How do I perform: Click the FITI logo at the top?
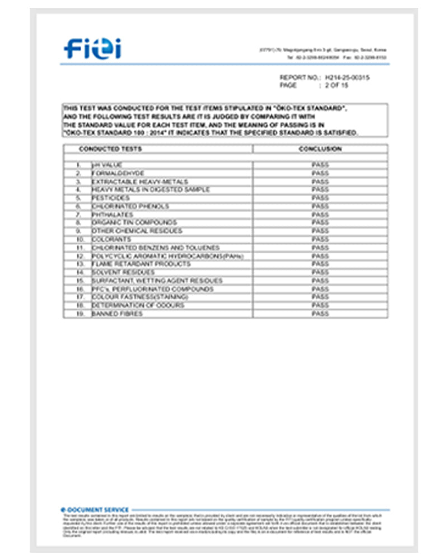coord(92,49)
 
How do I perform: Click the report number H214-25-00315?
coord(347,78)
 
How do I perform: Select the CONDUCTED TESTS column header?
coord(110,149)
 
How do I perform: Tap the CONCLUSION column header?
coord(320,149)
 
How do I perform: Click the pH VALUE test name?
coord(107,165)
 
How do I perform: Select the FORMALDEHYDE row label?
coord(114,174)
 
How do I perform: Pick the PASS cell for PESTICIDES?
coord(320,198)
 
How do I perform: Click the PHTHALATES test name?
coord(113,214)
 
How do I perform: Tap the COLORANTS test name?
coord(111,239)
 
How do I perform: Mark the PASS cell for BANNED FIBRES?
coord(320,314)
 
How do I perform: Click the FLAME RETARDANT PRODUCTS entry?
coord(133,264)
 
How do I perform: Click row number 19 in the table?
coord(80,314)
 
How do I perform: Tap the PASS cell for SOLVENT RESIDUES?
coord(320,272)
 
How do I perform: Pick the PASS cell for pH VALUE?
coord(320,165)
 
